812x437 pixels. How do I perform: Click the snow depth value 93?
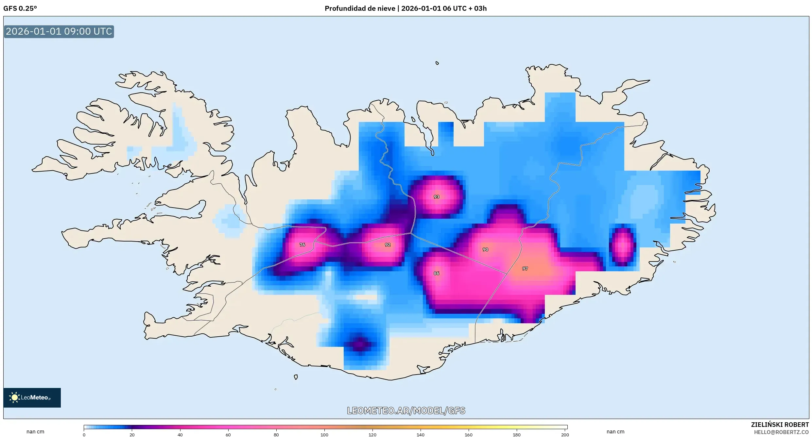436,197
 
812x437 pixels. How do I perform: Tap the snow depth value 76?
302,244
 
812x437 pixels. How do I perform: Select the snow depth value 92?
388,244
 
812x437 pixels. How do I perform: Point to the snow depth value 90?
485,249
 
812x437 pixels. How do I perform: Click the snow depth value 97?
525,268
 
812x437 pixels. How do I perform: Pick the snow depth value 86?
436,273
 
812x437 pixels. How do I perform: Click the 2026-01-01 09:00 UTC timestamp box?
59,31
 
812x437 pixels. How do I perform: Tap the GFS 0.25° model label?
20,8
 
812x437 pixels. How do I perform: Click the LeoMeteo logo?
32,397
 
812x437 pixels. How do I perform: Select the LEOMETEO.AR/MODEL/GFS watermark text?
406,411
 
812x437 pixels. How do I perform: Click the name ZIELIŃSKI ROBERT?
780,425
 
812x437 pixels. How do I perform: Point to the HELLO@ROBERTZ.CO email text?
781,432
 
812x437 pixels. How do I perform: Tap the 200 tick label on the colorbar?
565,435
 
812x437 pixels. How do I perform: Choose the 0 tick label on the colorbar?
84,435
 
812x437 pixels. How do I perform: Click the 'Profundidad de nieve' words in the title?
360,8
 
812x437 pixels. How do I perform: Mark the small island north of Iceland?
437,63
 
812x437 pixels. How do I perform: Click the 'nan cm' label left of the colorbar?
35,431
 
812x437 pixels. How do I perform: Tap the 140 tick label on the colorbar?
421,435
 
